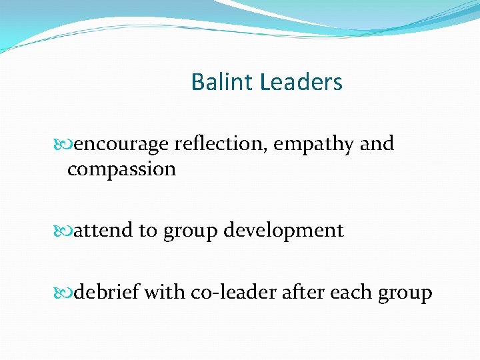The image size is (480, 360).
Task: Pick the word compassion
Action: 121,169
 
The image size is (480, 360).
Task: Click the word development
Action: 284,231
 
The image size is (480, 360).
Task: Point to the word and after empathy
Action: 377,144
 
